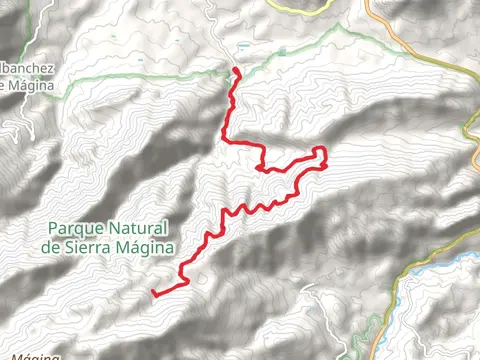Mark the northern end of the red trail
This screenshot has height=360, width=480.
(236, 69)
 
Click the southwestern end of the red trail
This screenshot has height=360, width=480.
(154, 293)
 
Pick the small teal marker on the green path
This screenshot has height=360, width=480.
(243, 47)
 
